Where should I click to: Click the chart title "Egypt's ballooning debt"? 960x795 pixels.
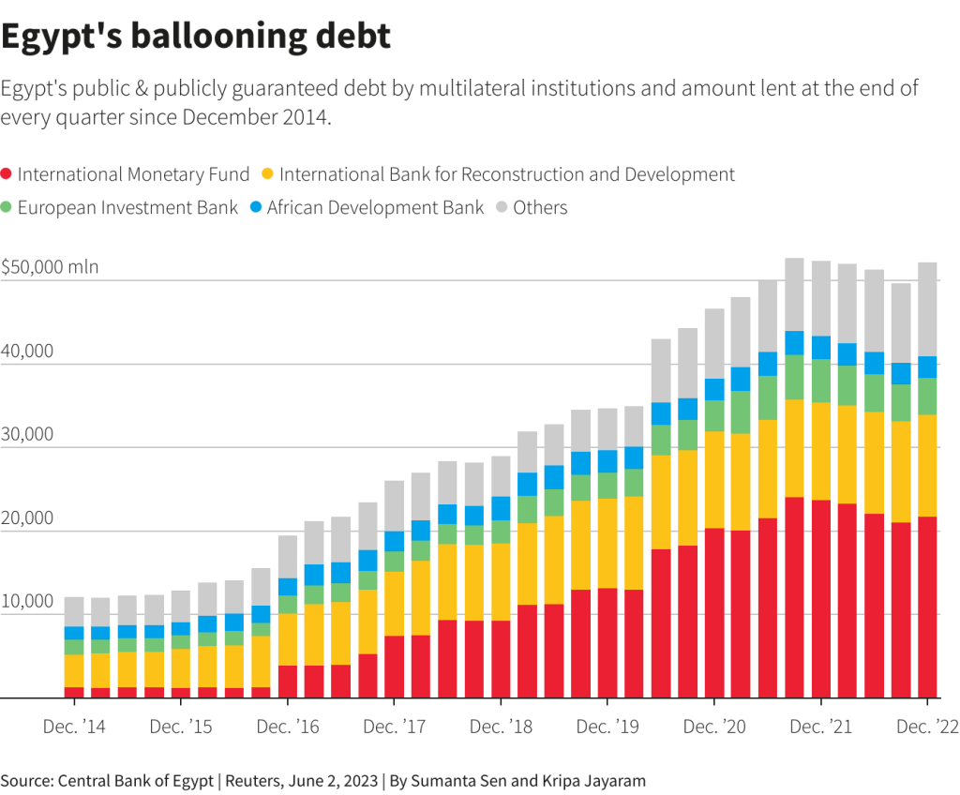195,37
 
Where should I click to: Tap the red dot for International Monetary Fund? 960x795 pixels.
7,174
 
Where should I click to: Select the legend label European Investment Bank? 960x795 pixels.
127,207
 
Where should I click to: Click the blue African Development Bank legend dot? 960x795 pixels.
257,207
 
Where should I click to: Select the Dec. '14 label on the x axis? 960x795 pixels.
74,727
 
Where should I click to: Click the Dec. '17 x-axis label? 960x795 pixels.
394,727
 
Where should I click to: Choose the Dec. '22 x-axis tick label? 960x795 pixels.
927,727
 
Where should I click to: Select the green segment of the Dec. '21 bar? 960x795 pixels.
821,381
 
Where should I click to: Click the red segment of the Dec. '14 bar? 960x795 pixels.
74,693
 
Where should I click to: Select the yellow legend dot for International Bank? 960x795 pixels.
267,174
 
